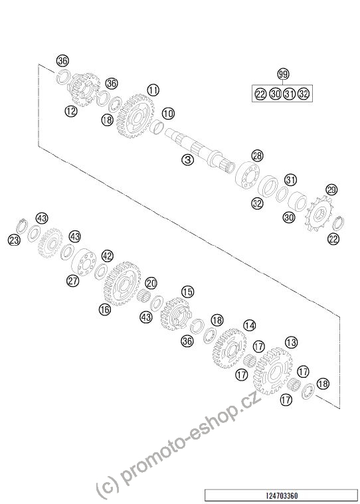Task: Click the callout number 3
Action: [188, 160]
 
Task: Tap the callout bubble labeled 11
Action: [153, 90]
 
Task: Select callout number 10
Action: [168, 114]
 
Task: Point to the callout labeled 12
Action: [71, 111]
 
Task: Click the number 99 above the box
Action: [283, 74]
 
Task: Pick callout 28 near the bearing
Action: [257, 156]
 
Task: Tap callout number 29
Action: [331, 190]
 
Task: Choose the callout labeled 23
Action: [14, 240]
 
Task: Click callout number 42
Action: [108, 256]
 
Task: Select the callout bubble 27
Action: [72, 281]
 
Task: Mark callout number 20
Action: [151, 284]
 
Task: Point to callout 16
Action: [105, 309]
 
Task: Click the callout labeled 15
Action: [188, 292]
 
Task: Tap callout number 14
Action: [250, 325]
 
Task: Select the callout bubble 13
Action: [291, 343]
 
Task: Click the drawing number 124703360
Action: [282, 495]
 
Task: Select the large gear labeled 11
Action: [135, 116]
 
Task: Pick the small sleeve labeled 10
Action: [157, 126]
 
